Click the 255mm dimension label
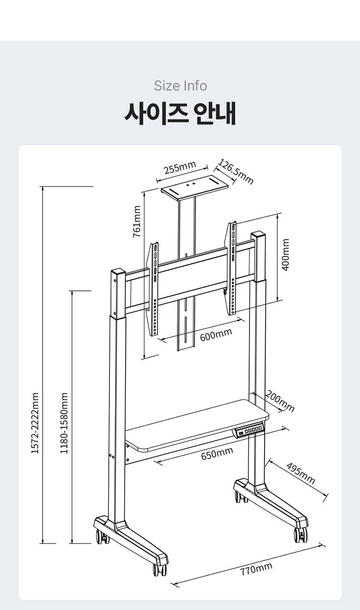coord(180,167)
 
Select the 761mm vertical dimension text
coord(137,221)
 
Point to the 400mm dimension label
coord(285,255)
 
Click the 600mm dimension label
coord(216,335)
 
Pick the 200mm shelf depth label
coord(280,401)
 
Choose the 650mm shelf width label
coord(217,453)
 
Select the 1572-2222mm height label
coord(35,423)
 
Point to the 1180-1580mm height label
coord(64,423)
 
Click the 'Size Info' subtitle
coord(180,86)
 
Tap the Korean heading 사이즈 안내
coord(180,113)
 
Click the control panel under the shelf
coord(249,430)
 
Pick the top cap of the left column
coord(118,272)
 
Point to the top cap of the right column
coord(258,235)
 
